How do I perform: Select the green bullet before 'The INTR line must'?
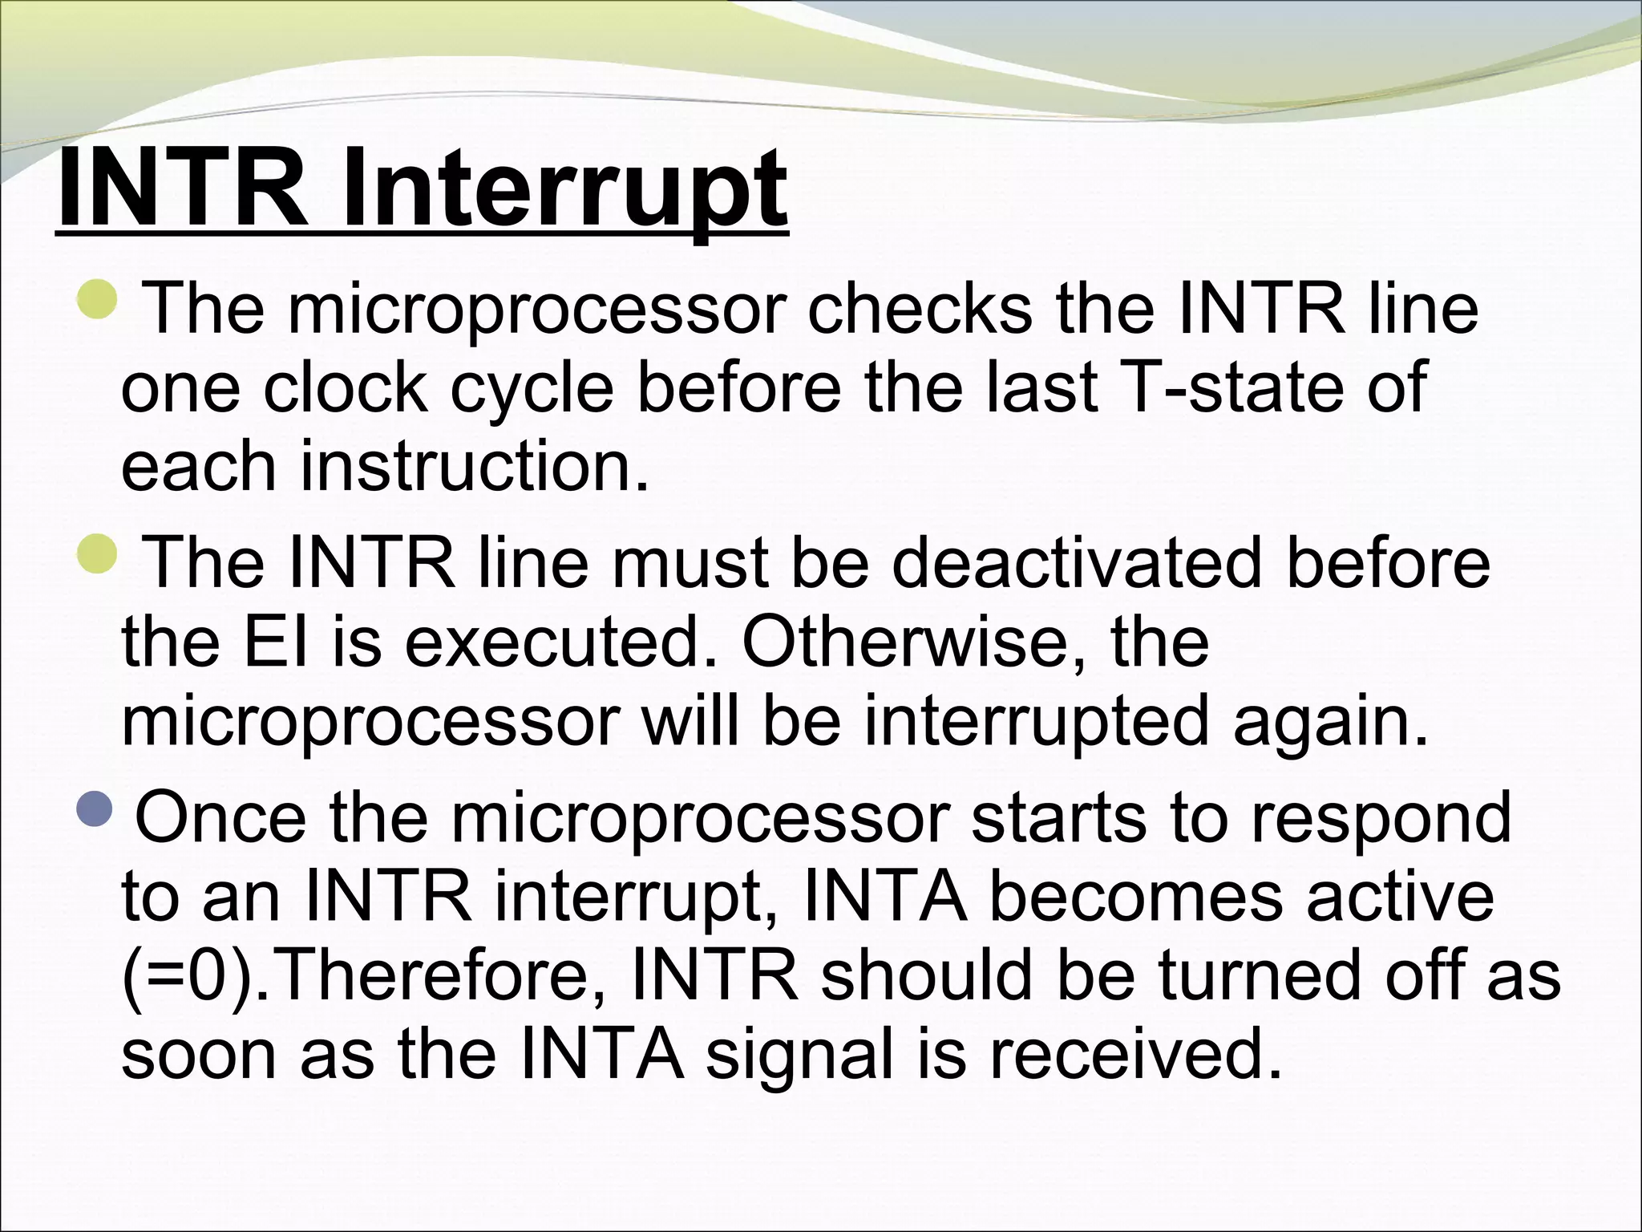pos(99,553)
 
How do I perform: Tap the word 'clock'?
pos(346,387)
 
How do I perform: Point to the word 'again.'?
pos(1330,720)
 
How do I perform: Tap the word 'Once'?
pos(220,817)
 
